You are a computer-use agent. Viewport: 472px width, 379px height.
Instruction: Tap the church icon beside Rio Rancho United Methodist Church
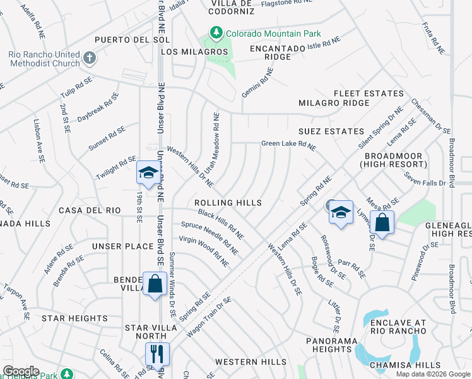pos(90,59)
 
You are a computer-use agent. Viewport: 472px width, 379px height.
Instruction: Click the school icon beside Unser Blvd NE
pos(148,172)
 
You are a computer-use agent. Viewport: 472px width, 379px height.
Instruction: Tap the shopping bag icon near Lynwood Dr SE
pos(382,222)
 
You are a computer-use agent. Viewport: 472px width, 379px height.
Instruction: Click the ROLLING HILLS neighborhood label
pos(228,203)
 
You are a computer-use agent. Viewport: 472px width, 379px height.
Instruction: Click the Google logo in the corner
pos(20,371)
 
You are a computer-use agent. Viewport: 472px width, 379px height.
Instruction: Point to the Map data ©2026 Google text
pos(432,374)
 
